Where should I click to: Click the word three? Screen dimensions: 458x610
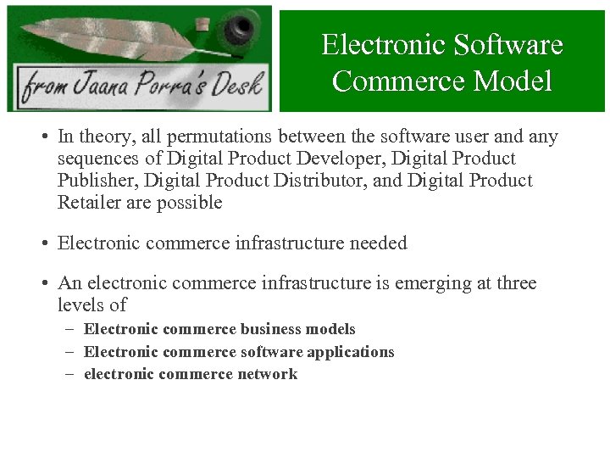[x=514, y=283]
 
